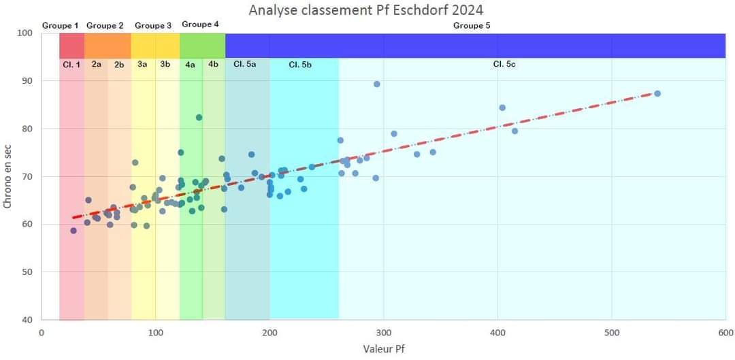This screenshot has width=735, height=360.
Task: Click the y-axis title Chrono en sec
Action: (x=7, y=176)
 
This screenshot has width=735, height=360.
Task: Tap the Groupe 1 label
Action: (x=61, y=26)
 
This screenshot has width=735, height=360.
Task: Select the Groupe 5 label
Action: (x=472, y=26)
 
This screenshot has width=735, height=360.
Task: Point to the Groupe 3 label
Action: (x=153, y=26)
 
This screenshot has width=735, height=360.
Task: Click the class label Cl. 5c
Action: (x=504, y=65)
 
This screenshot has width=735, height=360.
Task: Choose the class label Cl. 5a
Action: (x=245, y=65)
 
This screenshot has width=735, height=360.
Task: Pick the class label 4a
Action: (x=191, y=65)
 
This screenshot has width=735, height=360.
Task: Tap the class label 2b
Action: (x=119, y=65)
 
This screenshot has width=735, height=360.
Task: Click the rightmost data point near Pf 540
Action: (x=657, y=93)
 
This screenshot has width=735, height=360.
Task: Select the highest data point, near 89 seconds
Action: (x=377, y=84)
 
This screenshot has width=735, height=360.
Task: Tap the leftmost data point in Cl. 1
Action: (x=73, y=231)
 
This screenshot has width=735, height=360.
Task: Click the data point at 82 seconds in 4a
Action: (x=199, y=118)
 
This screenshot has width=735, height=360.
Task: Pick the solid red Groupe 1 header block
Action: (x=71, y=46)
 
